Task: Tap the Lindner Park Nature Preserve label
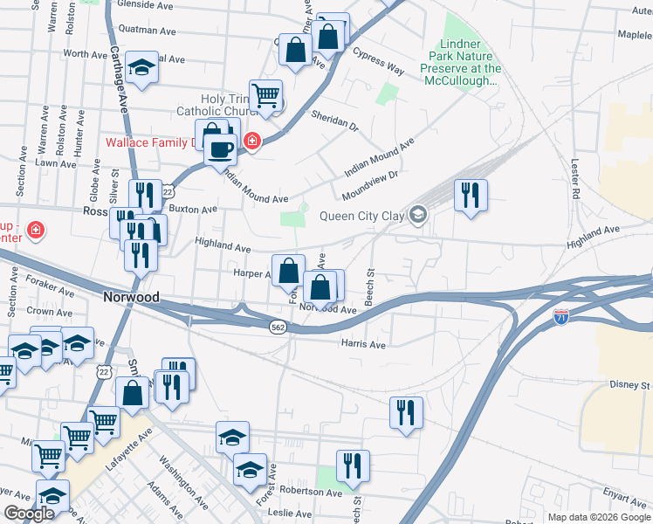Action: (x=461, y=62)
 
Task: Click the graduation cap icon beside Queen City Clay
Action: (x=419, y=215)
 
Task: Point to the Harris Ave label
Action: (x=363, y=345)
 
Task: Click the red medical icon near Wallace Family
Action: (x=252, y=140)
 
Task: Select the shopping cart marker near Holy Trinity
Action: (x=265, y=94)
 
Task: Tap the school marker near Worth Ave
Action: (x=141, y=68)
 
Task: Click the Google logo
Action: (x=30, y=514)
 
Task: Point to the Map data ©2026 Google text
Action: (x=599, y=517)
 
